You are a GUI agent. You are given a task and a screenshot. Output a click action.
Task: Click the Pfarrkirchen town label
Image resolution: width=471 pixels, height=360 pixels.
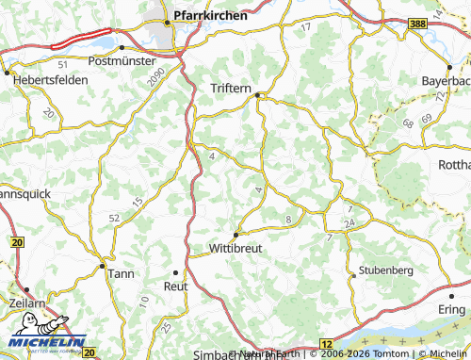coord(211,15)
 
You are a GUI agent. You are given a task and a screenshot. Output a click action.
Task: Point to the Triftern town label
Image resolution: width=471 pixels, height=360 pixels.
coord(230,89)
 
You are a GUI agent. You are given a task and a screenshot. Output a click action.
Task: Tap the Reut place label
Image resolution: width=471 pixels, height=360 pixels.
coord(176,285)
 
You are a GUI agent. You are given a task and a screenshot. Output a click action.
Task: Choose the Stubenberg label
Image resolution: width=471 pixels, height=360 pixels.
coord(386,270)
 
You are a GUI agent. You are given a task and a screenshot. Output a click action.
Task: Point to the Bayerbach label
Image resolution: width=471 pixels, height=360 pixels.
coord(447,80)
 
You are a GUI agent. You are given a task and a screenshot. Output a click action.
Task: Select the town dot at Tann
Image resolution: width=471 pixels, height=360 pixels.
coord(102,265)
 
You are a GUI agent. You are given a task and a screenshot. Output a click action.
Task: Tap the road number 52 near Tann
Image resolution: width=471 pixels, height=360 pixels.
coord(115,218)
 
